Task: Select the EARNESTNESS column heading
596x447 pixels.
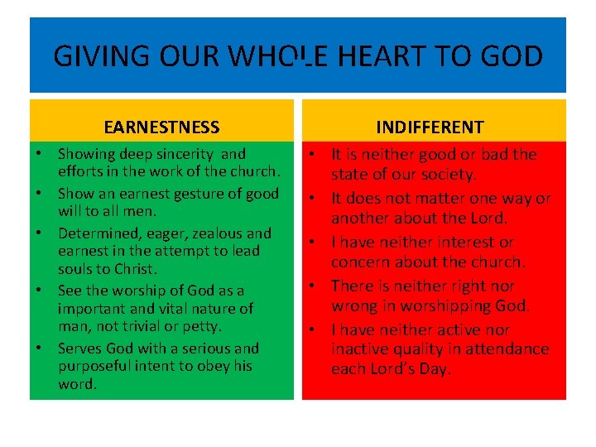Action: point(162,127)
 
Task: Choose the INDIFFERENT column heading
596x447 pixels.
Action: point(430,127)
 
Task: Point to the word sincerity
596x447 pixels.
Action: point(184,154)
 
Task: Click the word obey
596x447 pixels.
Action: point(211,366)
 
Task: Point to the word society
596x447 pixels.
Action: point(447,175)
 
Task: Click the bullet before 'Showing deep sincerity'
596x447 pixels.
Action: point(40,155)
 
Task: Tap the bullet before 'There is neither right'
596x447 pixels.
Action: point(313,286)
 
